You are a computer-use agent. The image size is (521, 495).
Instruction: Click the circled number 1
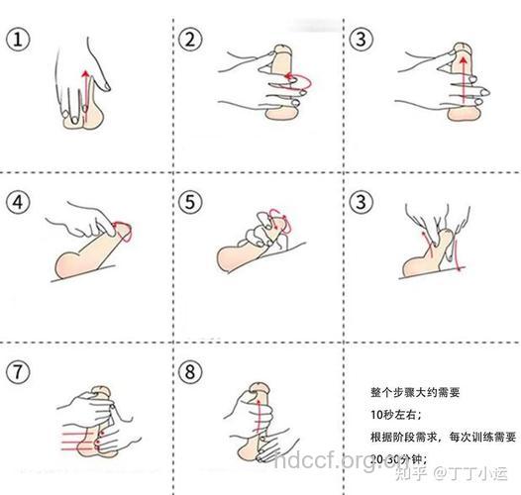click(x=17, y=40)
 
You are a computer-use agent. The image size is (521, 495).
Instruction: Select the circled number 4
click(x=17, y=203)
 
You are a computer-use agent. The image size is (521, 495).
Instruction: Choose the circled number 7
click(x=17, y=372)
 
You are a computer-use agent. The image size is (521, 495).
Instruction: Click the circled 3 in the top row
click(x=363, y=40)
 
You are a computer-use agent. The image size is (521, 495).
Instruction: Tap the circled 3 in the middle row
click(x=363, y=203)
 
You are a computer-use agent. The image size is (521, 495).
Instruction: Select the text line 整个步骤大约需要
click(x=408, y=390)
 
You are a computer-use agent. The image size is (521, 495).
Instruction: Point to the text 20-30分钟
click(x=394, y=459)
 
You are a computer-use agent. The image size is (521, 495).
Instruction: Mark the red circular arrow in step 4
click(x=125, y=230)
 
